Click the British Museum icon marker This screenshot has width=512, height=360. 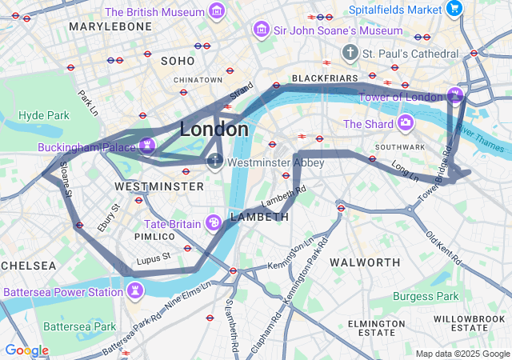tap(216, 11)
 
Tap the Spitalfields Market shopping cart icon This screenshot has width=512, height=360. tap(455, 10)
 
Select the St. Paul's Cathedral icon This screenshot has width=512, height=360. tap(350, 53)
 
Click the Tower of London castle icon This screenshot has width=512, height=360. tap(455, 96)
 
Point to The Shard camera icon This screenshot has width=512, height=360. tap(406, 123)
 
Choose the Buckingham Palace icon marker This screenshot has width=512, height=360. tap(146, 146)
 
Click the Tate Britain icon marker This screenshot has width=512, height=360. tap(214, 222)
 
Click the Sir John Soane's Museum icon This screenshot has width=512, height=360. tap(260, 30)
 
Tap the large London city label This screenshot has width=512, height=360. tap(214, 129)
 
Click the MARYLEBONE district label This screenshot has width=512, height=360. tap(110, 26)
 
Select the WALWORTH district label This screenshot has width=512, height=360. tap(365, 262)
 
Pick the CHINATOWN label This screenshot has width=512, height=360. tap(198, 80)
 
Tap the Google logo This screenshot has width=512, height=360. tap(26, 350)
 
